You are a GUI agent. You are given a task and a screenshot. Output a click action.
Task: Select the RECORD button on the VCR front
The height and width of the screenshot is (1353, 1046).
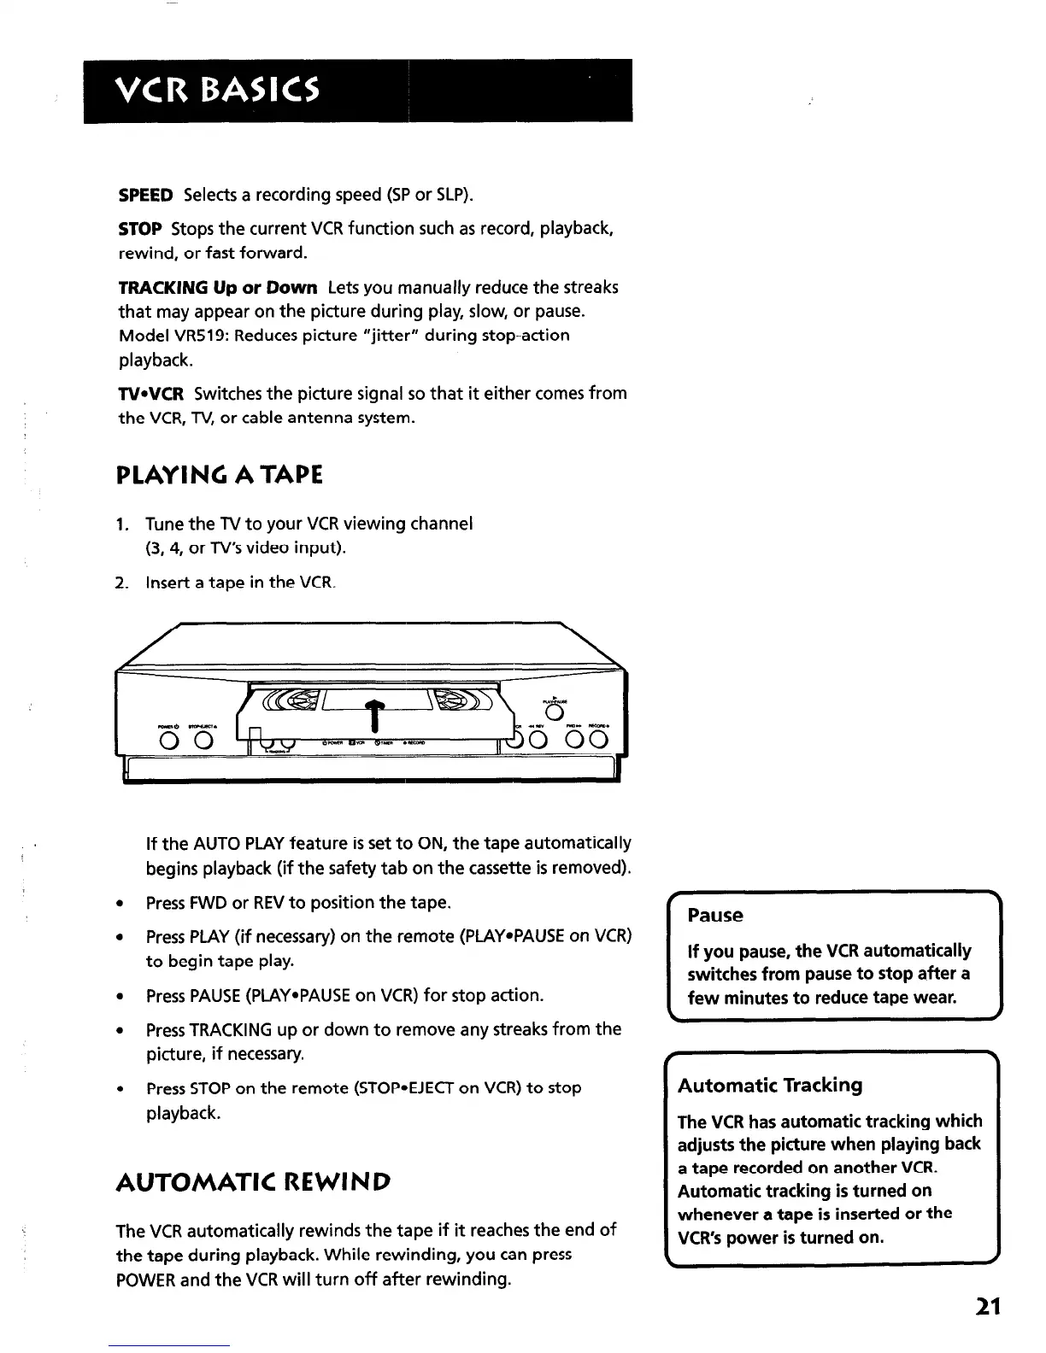pos(597,740)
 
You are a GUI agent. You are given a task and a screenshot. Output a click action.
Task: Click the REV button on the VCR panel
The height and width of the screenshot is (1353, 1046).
pos(539,740)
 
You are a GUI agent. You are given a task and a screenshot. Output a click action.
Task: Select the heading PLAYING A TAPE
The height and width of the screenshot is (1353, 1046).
pos(220,474)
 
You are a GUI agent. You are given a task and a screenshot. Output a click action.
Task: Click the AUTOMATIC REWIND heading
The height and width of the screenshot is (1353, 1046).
pos(253,1182)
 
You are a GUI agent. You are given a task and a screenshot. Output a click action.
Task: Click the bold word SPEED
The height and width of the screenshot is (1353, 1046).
pos(145,195)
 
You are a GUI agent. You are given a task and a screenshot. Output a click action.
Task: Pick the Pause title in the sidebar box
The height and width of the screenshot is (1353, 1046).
pos(715,916)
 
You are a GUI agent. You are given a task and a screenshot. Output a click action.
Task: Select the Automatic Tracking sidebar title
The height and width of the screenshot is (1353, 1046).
pos(770,1086)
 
